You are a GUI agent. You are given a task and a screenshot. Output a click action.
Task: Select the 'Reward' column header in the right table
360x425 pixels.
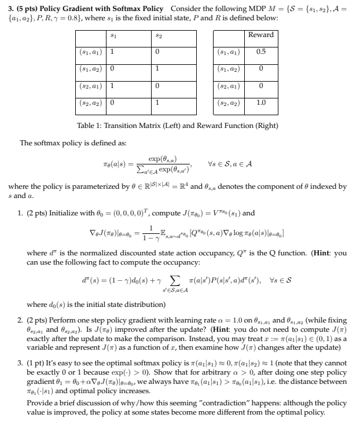tap(260, 35)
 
